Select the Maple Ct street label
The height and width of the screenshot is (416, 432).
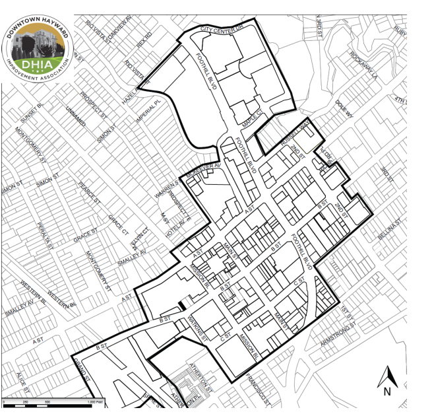pos(251,118)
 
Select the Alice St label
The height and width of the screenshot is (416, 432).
pos(20,381)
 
